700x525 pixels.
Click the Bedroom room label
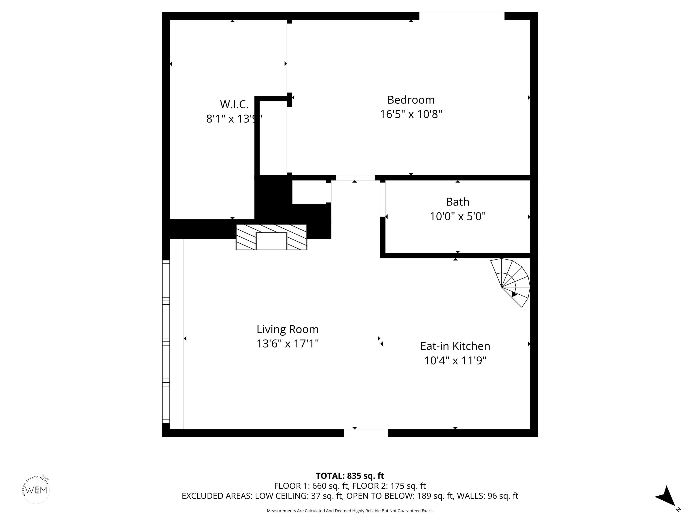click(x=411, y=100)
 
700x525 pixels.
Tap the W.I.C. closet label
click(x=234, y=104)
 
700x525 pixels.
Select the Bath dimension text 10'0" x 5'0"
click(x=458, y=216)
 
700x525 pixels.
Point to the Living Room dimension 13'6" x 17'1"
click(x=287, y=344)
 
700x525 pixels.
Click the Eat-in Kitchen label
click(x=455, y=346)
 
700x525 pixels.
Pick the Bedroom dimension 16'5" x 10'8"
click(x=411, y=114)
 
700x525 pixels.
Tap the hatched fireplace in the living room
click(x=271, y=237)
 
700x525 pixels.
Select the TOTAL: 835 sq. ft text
click(x=350, y=476)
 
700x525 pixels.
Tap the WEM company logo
click(x=36, y=490)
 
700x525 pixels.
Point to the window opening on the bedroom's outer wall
click(x=462, y=16)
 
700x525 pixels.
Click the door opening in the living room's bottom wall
click(x=366, y=433)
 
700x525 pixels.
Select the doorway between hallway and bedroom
click(x=355, y=178)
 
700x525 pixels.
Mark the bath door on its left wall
click(x=383, y=199)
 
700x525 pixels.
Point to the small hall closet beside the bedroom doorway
click(x=309, y=192)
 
